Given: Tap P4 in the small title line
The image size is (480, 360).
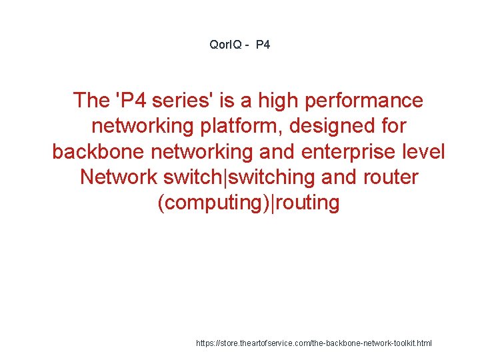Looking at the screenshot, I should point(263,45).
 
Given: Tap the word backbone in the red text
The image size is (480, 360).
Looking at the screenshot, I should point(97,151).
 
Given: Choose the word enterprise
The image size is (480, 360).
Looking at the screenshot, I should point(349,151).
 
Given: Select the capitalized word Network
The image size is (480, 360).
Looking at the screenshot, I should point(118,177).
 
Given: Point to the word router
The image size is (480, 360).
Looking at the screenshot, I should point(389,177).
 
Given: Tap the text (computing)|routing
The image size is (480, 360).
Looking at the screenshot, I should point(248,203).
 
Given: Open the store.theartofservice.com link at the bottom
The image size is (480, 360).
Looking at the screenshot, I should point(313,343).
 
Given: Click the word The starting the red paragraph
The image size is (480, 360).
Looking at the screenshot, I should point(91,101).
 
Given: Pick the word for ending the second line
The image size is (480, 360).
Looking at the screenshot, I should point(393,126).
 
